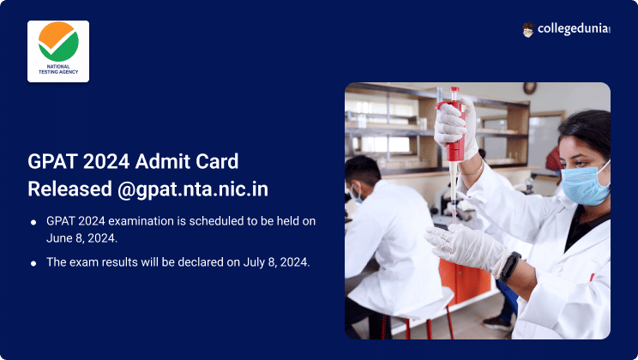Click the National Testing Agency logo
click(58, 51)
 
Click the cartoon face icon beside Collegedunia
click(528, 29)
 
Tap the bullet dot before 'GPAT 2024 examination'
click(33, 222)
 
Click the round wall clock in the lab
click(529, 87)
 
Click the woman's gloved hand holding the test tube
click(463, 245)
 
